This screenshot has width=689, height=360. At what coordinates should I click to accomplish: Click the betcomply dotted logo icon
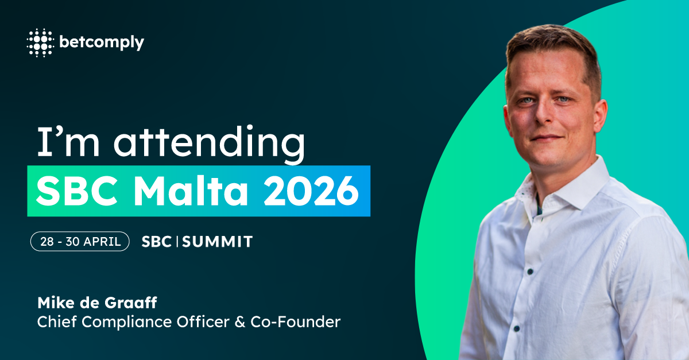[x=40, y=42]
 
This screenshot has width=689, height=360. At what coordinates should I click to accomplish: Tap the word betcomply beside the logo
[x=102, y=42]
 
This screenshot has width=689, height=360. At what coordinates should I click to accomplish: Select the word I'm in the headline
[x=68, y=142]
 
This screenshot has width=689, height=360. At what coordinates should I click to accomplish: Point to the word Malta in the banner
[x=191, y=191]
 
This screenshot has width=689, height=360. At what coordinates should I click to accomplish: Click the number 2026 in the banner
[x=311, y=191]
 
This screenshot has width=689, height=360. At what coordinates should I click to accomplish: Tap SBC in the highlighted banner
[x=77, y=191]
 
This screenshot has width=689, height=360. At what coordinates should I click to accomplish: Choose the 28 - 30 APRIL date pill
[x=80, y=241]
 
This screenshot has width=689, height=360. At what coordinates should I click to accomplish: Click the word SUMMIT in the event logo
[x=218, y=242]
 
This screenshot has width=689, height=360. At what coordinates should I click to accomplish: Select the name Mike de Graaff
[x=97, y=303]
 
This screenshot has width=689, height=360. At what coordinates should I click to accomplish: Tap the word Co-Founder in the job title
[x=296, y=322]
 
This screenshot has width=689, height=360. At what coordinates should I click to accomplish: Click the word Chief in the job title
[x=57, y=322]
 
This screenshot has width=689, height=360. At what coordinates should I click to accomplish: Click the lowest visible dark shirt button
[x=517, y=329]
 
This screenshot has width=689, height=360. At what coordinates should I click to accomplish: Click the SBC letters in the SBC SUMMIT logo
[x=156, y=242]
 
